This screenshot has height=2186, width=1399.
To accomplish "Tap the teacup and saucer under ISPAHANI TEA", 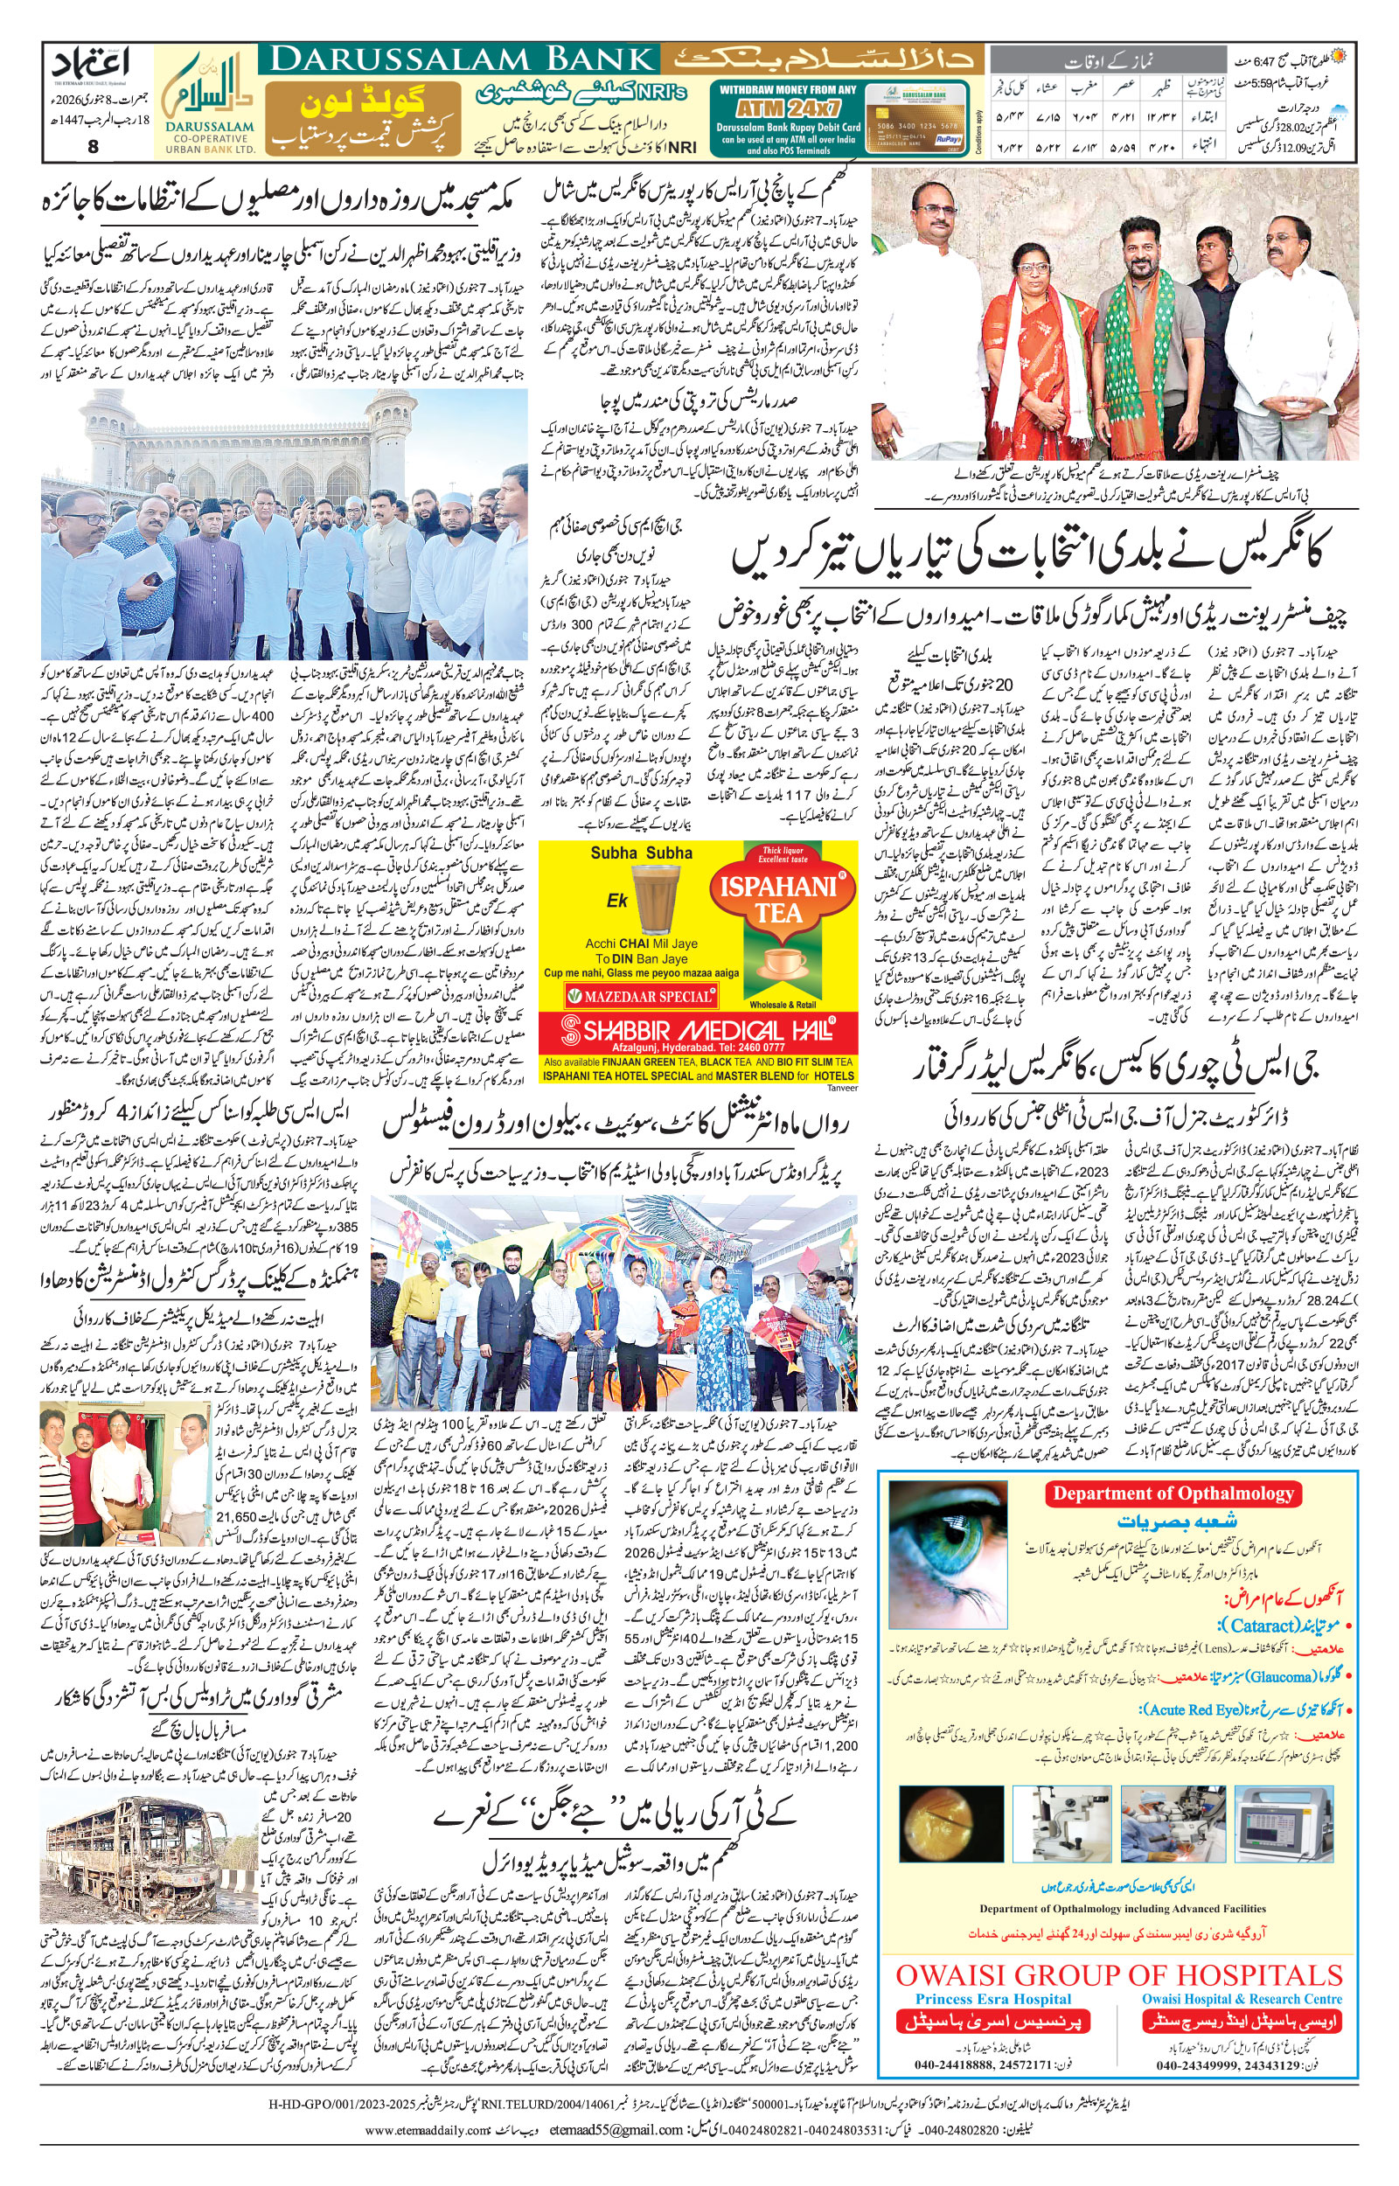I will coord(786,965).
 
